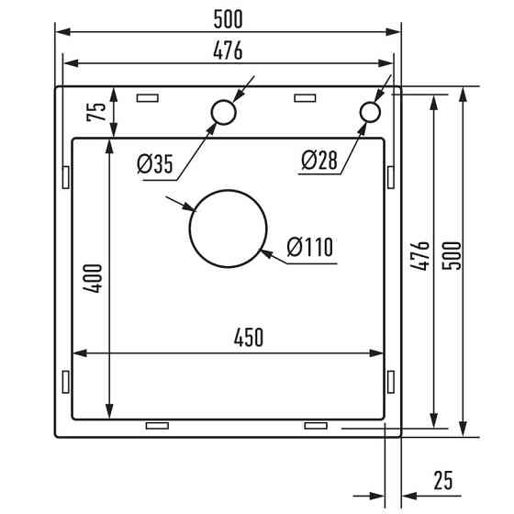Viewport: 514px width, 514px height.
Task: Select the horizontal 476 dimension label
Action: (x=228, y=50)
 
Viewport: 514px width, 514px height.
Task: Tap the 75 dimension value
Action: (x=94, y=112)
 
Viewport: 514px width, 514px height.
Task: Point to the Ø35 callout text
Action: (x=155, y=164)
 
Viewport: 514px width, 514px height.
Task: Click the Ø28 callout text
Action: (x=318, y=162)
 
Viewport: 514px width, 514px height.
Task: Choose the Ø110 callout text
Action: (x=309, y=248)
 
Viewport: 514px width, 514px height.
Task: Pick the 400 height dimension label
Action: (x=94, y=278)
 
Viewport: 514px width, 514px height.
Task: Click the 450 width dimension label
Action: (x=248, y=338)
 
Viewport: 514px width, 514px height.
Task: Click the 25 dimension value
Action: (x=443, y=479)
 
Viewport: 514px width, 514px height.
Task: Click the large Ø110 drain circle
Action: (x=228, y=229)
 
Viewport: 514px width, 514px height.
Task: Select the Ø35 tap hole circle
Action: (x=222, y=112)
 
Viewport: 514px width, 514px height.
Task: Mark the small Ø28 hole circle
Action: (x=370, y=112)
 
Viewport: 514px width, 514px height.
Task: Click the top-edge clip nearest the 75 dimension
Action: (x=147, y=96)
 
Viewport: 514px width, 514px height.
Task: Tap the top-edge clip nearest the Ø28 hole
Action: (x=304, y=96)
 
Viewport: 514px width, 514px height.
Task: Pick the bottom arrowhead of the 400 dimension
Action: (x=110, y=414)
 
